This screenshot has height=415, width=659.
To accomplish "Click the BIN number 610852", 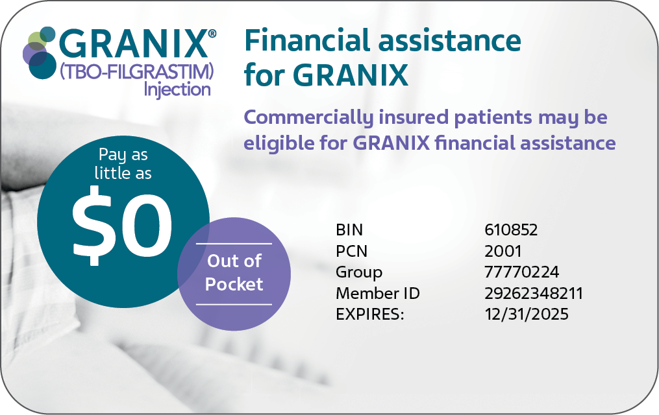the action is (510, 230).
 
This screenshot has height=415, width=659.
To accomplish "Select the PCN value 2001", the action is (503, 251).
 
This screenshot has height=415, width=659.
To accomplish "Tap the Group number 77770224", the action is (521, 272).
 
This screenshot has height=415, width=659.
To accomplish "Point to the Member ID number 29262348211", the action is (533, 293).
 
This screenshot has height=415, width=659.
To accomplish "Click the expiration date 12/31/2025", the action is (526, 314).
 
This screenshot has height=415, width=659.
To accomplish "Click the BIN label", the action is (349, 230).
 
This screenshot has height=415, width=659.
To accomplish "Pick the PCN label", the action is (351, 251).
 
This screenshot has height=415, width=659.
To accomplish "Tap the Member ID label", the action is (377, 293).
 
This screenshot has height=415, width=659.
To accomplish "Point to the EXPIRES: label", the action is (370, 314).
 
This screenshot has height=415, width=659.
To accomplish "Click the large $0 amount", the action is (122, 226).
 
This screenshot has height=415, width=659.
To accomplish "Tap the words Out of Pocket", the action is (234, 273).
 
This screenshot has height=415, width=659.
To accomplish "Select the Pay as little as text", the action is (123, 164).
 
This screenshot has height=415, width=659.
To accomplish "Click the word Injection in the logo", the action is (177, 89).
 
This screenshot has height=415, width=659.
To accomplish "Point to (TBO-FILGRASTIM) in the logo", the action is (136, 72).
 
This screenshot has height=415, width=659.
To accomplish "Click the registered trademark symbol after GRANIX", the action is (212, 34).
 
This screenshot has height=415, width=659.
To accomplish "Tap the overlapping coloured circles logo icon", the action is (40, 53).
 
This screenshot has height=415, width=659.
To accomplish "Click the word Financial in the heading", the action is (308, 41).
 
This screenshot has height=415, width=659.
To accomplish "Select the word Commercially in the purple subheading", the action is (308, 118).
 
